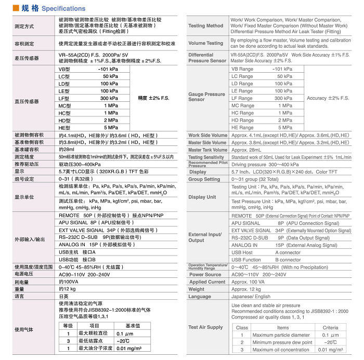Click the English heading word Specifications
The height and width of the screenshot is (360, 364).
63,9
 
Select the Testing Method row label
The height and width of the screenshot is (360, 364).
206,25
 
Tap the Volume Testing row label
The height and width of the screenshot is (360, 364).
206,43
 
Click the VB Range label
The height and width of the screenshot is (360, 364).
242,69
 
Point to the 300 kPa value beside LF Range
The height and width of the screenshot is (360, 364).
283,98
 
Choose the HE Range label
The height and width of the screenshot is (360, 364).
243,127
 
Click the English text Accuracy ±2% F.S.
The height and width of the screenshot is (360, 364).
328,98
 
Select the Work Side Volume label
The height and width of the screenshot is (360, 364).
207,136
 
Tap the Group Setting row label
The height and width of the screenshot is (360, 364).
204,179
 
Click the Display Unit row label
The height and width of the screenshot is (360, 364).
202,197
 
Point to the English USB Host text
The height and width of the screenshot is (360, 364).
242,252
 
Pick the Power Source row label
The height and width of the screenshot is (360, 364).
205,274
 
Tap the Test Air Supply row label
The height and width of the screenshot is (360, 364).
205,327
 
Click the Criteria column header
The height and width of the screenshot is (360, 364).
330,328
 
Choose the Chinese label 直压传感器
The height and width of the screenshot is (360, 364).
27,102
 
